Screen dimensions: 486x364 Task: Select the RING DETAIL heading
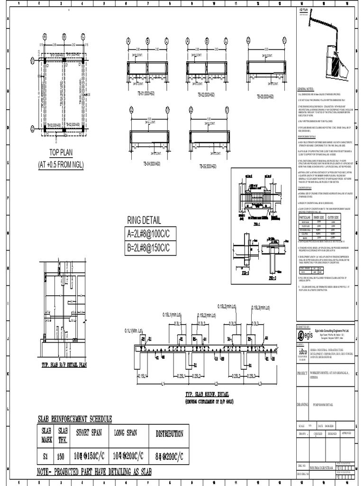[144, 221]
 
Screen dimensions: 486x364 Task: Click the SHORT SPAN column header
[89, 433]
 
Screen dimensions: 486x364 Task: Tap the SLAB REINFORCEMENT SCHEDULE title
[75, 419]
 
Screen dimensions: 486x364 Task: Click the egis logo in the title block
[304, 335]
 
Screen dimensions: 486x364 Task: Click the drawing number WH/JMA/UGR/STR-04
[321, 467]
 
